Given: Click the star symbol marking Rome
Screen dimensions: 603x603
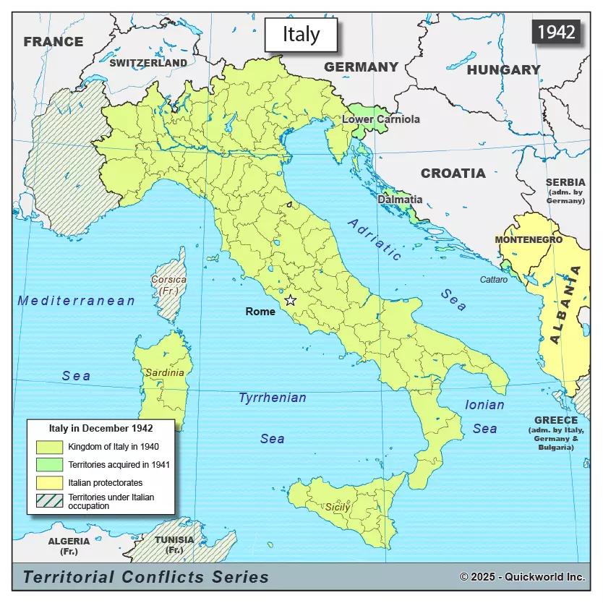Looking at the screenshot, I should pyautogui.click(x=291, y=300).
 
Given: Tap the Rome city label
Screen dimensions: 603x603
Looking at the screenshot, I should pyautogui.click(x=260, y=312).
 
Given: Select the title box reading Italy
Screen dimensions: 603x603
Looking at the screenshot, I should pyautogui.click(x=301, y=35).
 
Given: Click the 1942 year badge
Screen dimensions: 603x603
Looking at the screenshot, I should pyautogui.click(x=557, y=32).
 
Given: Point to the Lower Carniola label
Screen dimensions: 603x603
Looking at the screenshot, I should pyautogui.click(x=381, y=119).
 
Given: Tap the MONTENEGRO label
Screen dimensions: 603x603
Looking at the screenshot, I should pyautogui.click(x=529, y=239).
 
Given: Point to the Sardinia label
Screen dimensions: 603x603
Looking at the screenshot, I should pyautogui.click(x=165, y=373).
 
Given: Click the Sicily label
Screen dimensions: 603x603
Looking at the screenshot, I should pyautogui.click(x=337, y=507).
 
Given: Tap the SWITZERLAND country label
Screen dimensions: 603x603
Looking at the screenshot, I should pyautogui.click(x=148, y=63).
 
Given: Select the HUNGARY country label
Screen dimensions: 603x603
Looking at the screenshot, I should pyautogui.click(x=503, y=70).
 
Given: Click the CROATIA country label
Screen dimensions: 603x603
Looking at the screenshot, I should pyautogui.click(x=453, y=174).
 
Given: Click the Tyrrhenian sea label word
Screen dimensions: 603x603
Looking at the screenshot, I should pyautogui.click(x=273, y=398).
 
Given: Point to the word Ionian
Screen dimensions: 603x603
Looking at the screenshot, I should pyautogui.click(x=484, y=405).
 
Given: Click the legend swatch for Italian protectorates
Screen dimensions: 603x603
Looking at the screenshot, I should pyautogui.click(x=50, y=482).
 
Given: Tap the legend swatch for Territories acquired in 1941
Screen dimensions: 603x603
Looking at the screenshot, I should pyautogui.click(x=50, y=464).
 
